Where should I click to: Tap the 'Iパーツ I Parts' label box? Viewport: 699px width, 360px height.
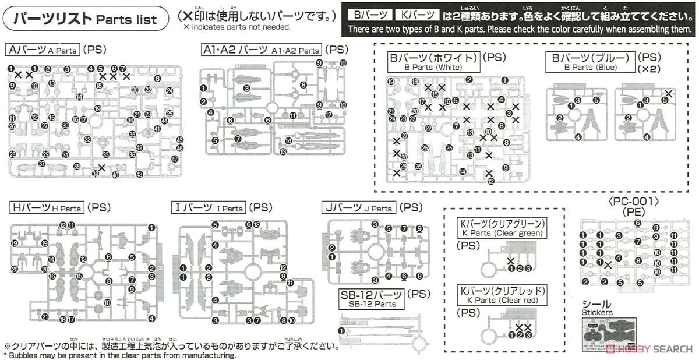pyautogui.click(x=209, y=207)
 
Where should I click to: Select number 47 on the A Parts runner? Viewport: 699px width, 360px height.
pyautogui.click(x=175, y=159)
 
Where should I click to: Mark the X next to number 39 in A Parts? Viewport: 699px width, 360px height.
pyautogui.click(x=103, y=168)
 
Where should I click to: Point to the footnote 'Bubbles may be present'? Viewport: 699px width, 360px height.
pyautogui.click(x=119, y=355)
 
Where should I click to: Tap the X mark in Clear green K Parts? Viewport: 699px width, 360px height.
pyautogui.click(x=511, y=260)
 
